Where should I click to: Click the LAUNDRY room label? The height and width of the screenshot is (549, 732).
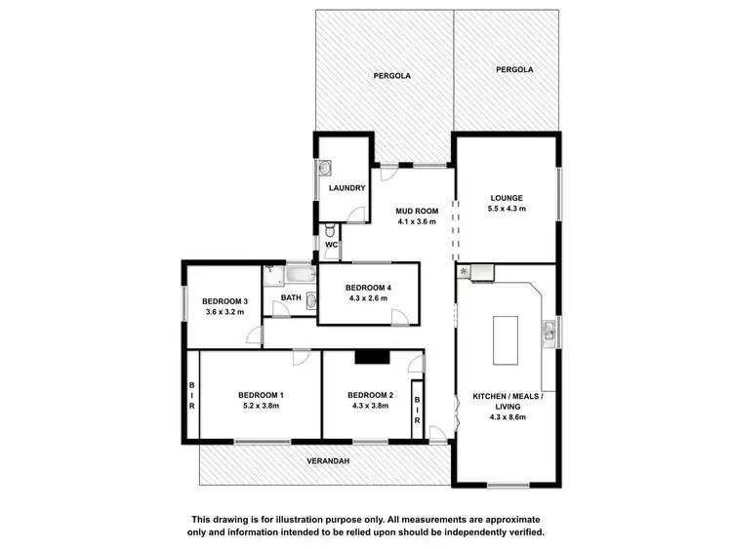pos(346,188)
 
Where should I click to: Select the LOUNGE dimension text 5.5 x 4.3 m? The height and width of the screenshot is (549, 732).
pos(507,208)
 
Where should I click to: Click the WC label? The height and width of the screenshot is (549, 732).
pos(331,245)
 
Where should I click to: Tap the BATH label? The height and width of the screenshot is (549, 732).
pos(291,297)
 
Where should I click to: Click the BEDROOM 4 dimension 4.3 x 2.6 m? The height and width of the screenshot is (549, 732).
pos(368,298)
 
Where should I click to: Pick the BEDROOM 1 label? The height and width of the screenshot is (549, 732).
pos(261,395)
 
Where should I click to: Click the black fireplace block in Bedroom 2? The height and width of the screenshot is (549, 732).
pos(372,357)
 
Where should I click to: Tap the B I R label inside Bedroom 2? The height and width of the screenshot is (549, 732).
pos(417,410)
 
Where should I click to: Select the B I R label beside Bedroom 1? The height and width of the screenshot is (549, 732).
pos(192,394)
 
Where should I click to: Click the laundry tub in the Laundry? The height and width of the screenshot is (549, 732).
pos(323,169)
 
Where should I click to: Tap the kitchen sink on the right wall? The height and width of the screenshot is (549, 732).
pos(551,331)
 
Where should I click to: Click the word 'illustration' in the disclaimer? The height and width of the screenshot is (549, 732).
pos(317,520)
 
